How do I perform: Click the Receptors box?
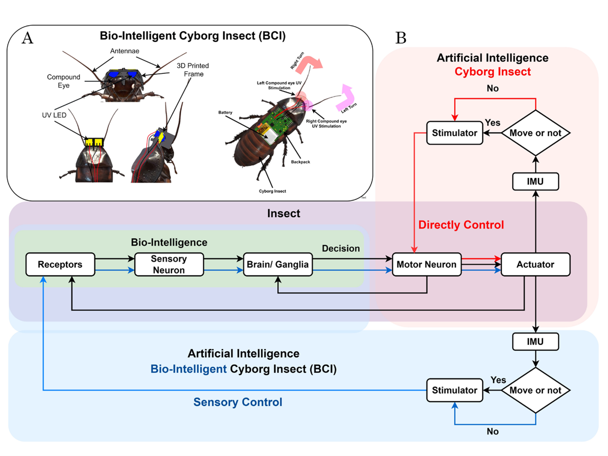click(60, 265)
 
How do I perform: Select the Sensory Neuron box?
click(169, 265)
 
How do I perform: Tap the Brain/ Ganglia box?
click(278, 265)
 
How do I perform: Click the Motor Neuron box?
click(426, 265)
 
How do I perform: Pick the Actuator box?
click(535, 265)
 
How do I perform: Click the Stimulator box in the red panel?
click(454, 133)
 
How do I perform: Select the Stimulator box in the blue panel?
click(454, 390)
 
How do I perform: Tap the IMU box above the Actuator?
click(535, 181)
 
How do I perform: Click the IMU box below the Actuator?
click(535, 341)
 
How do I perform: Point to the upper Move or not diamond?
click(535, 133)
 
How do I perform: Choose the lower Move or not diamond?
click(535, 390)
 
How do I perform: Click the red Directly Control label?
click(461, 225)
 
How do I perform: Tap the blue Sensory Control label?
click(238, 402)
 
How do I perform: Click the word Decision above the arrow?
click(341, 248)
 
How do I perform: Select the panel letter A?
click(28, 38)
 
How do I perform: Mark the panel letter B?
click(401, 38)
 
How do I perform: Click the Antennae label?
click(125, 51)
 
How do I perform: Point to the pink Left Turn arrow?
click(347, 95)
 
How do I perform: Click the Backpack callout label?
click(300, 162)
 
